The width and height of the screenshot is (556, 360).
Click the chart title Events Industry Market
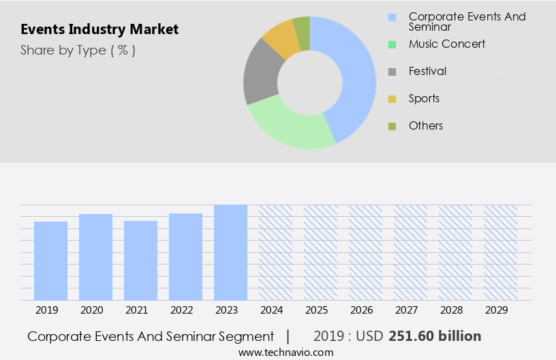click(99, 29)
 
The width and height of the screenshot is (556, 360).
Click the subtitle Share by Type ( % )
click(78, 50)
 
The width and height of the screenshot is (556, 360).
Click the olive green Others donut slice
click(302, 32)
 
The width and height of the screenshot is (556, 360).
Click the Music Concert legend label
click(446, 44)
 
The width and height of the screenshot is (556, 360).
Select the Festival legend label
click(427, 71)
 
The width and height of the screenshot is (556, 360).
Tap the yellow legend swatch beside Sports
click(392, 99)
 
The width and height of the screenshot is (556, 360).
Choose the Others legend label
click(425, 125)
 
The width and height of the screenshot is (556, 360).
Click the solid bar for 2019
click(50, 260)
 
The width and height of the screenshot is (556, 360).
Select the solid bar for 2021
click(140, 260)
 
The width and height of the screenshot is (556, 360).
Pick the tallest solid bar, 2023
click(230, 252)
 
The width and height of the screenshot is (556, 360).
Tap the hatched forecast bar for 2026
click(365, 252)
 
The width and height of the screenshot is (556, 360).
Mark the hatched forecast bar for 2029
click(500, 252)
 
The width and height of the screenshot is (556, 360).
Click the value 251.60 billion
click(435, 336)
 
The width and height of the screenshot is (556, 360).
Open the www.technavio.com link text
click(286, 352)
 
